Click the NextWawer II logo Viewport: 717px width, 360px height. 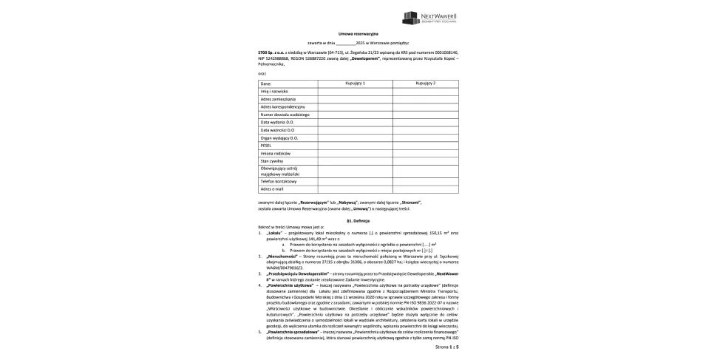coord(431,18)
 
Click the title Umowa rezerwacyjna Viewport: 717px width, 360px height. coord(358,35)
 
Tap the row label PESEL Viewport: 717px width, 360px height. coord(267,145)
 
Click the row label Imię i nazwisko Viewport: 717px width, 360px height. coord(273,91)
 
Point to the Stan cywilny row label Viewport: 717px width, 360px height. coord(272,160)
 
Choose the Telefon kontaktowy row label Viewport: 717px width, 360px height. coord(278,181)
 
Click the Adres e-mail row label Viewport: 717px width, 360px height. coord(272,189)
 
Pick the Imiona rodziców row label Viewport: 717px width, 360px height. coord(275,152)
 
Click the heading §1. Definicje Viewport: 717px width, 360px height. coord(358,221)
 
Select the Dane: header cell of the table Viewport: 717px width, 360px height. coord(265,84)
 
